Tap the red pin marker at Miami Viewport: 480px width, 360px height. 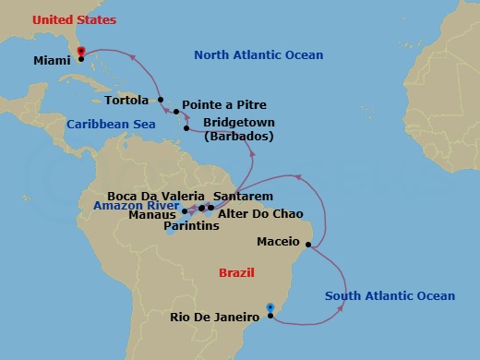point(81,52)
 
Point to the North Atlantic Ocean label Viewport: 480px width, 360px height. point(258,56)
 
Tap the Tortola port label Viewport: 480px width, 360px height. point(127,99)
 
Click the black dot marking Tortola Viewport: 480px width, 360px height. point(161,100)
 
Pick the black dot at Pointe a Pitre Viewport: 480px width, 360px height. point(176,112)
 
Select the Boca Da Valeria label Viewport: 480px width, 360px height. point(156,196)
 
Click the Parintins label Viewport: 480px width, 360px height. point(192,225)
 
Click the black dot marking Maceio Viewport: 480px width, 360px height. point(308,246)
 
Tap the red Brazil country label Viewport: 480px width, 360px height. point(236,273)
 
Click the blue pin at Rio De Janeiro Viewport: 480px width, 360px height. point(270,308)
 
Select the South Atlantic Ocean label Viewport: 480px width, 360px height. point(390,295)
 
